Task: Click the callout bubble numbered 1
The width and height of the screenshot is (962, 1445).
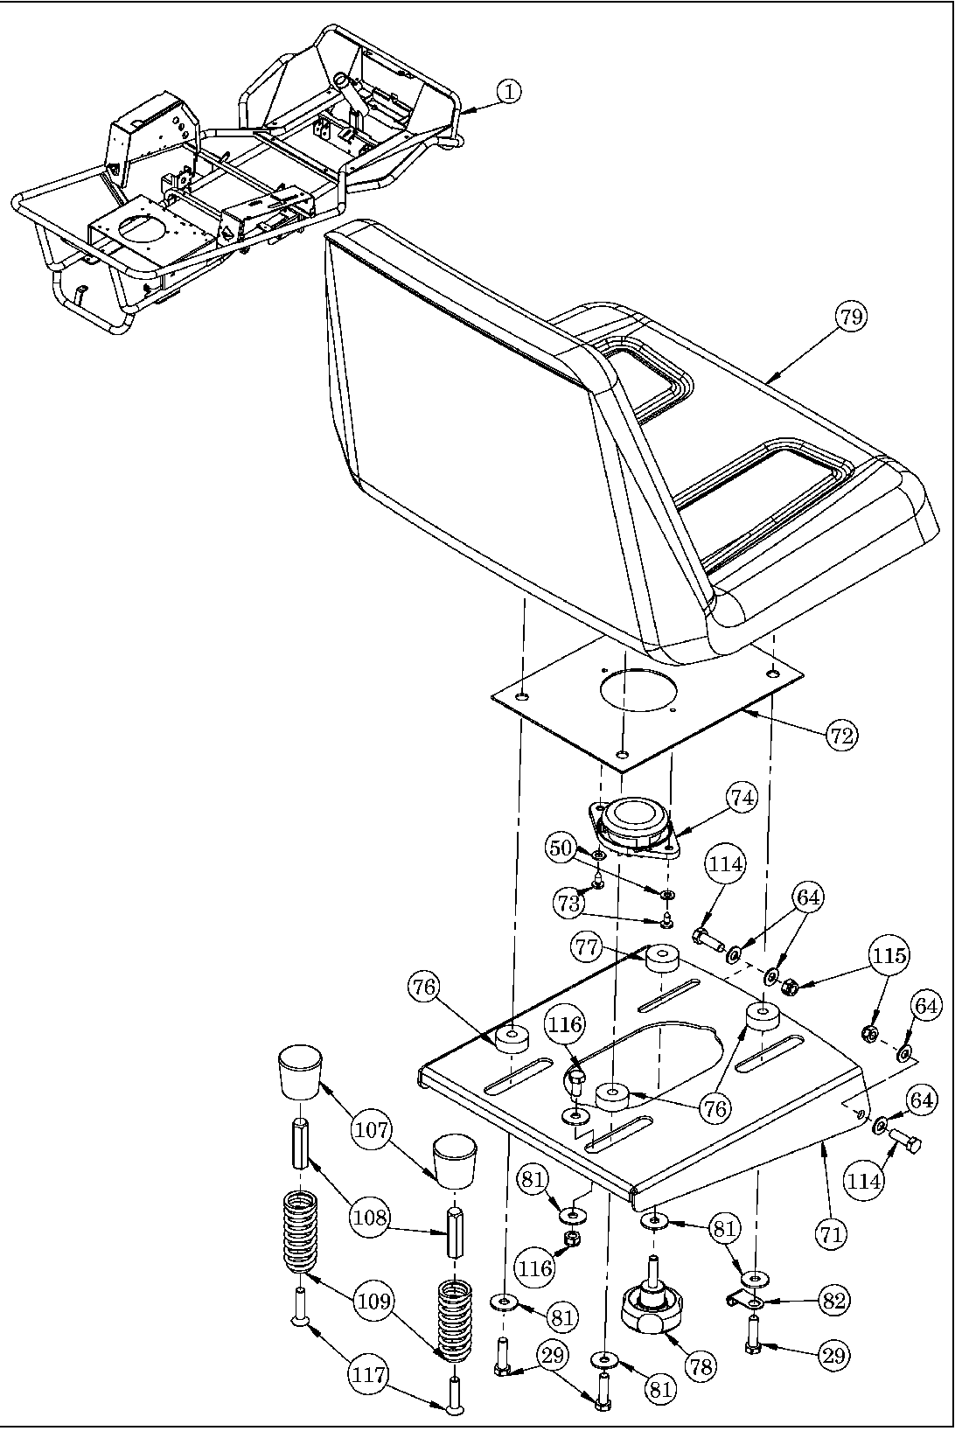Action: tap(510, 90)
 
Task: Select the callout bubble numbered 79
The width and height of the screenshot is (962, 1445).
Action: tap(850, 318)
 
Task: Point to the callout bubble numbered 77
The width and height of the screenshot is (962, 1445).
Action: tap(588, 946)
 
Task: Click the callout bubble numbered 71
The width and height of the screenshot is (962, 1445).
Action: tap(832, 1233)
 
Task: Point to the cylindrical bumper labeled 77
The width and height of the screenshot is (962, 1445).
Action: tap(663, 959)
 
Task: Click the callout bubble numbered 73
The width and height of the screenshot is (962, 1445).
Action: tap(568, 903)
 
